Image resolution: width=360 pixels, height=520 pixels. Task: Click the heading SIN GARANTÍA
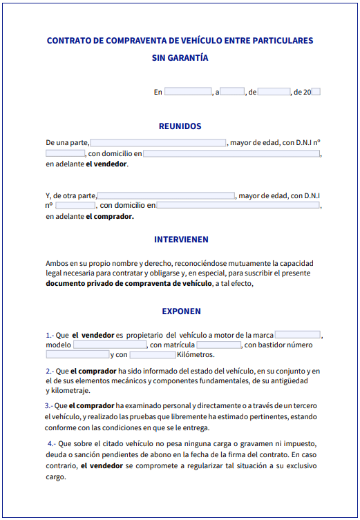point(180,58)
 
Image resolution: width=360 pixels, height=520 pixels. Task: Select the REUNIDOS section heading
point(180,126)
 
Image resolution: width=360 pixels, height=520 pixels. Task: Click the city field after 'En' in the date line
point(187,92)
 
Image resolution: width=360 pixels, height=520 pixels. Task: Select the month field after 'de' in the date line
point(274,92)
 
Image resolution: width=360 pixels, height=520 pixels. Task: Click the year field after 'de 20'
point(316,92)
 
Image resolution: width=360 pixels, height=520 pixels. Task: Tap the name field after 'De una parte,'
point(158,143)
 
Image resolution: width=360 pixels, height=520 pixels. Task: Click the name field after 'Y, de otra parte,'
point(166,196)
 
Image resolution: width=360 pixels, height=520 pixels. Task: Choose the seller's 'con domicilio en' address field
point(231,153)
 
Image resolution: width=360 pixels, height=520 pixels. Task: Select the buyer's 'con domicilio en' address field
point(238,206)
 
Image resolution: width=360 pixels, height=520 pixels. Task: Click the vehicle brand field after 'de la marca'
point(297,335)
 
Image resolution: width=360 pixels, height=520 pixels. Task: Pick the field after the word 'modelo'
point(110,345)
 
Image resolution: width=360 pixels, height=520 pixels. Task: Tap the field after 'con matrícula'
point(218,345)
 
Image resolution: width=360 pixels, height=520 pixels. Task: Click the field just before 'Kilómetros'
point(153,355)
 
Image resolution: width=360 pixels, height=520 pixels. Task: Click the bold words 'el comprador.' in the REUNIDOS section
point(110,216)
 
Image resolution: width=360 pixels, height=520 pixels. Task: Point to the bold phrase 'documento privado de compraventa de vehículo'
point(129,283)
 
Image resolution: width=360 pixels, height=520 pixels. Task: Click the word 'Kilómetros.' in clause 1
point(196,355)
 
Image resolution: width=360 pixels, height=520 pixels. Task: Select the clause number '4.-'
point(52,443)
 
